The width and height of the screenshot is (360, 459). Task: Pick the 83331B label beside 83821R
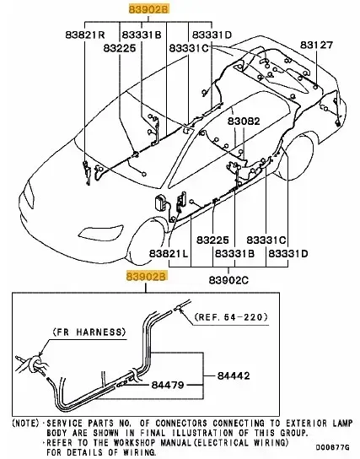point(142,35)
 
